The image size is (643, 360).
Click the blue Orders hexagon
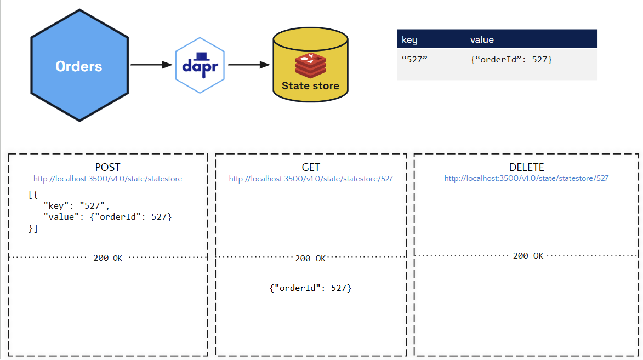pos(79,66)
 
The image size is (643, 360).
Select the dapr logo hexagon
pos(200,66)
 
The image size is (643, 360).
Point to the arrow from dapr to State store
pos(249,65)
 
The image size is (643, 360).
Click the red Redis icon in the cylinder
pos(310,65)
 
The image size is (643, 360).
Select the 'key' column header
pos(409,39)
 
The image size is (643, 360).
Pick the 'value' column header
pos(482,39)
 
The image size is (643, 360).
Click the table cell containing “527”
pos(414,59)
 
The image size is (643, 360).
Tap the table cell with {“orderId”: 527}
pos(511,59)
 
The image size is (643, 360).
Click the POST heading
pos(107,168)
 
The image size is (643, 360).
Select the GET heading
pos(311,168)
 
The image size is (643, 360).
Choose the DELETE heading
pos(526,168)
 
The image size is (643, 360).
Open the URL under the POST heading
pos(107,179)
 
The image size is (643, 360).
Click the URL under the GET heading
pos(311,179)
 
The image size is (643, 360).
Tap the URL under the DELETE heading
pos(526,178)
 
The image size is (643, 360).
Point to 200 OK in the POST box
pos(107,258)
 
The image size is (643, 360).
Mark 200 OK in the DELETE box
pos(528,256)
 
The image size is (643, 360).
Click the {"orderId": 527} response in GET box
pos(310,288)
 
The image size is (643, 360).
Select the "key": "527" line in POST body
pos(77,206)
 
